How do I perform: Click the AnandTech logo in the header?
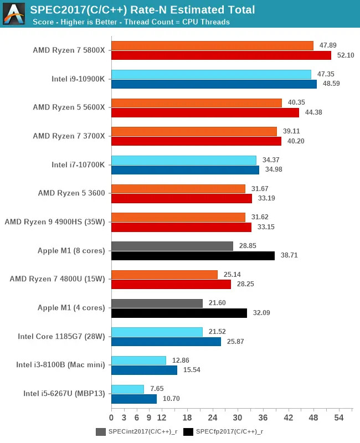click(14, 14)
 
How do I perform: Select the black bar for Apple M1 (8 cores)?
click(193, 255)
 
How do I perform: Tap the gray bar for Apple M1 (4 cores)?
click(157, 303)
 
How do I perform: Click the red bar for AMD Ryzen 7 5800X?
click(221, 55)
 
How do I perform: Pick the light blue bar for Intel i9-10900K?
click(211, 74)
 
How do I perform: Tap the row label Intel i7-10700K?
click(78, 164)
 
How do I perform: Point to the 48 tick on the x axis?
click(313, 417)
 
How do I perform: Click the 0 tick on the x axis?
click(111, 417)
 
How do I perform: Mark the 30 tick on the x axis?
click(238, 417)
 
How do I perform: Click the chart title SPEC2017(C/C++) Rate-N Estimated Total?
click(143, 10)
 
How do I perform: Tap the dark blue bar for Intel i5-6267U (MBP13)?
click(134, 399)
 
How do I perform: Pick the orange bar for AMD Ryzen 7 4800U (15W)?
click(164, 275)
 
